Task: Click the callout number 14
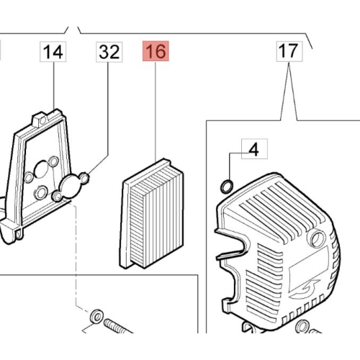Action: (53, 52)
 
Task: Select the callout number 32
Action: (109, 52)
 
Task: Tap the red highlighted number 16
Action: (156, 51)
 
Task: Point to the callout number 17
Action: (289, 51)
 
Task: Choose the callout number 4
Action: (254, 149)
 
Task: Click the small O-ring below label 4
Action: (227, 186)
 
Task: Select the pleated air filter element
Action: (152, 214)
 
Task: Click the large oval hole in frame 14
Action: (41, 169)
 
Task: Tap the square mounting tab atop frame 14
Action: (39, 120)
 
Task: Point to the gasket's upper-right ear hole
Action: (84, 178)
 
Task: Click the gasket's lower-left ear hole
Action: (57, 196)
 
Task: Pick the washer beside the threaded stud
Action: (96, 317)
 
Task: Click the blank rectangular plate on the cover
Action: (309, 266)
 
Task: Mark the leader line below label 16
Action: (156, 112)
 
